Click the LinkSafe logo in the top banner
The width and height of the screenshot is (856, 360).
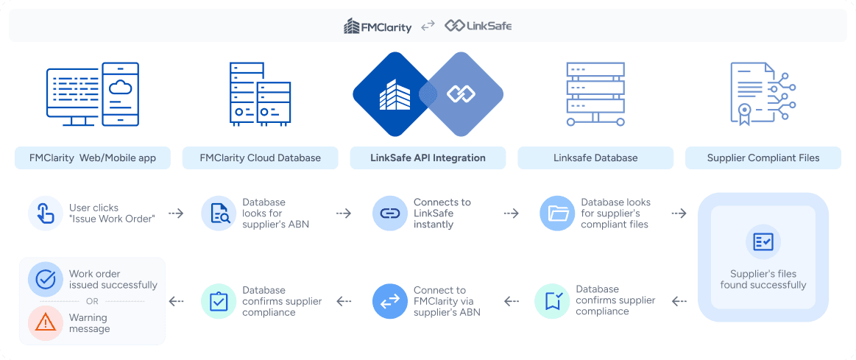(x=478, y=26)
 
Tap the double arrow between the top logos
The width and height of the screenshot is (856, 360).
(x=428, y=26)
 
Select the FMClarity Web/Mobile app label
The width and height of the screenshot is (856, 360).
(x=93, y=158)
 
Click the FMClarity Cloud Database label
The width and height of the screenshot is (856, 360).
(x=261, y=158)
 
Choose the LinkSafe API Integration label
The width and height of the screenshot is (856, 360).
(x=428, y=158)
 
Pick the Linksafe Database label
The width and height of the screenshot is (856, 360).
(x=595, y=158)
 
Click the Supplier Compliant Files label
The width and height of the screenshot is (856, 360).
(x=763, y=158)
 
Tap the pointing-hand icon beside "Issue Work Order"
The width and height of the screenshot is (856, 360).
(x=45, y=213)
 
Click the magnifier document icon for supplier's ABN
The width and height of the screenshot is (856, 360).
(x=219, y=213)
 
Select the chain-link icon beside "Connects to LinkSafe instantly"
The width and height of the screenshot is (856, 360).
(x=389, y=213)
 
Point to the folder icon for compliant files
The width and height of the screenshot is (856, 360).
(x=557, y=213)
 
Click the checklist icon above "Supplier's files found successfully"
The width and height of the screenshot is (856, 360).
(x=763, y=241)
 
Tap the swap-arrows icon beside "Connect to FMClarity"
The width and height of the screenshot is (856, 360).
(x=389, y=301)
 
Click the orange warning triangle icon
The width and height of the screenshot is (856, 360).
(x=45, y=322)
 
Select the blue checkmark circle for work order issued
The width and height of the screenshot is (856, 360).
(x=45, y=280)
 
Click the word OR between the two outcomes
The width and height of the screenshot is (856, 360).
(x=92, y=301)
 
